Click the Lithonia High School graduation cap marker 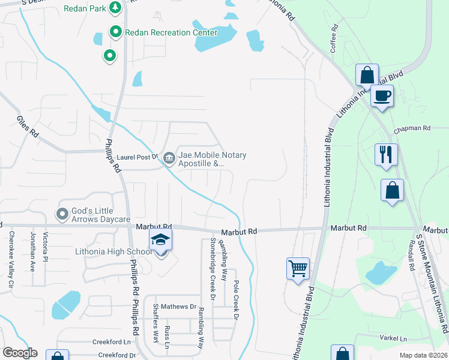coord(160,240)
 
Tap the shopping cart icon coord(298,268)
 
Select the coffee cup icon coord(381,95)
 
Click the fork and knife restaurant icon coord(386,154)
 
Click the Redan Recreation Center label coord(170,32)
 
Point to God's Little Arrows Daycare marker coord(62,214)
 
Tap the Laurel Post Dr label coord(137,157)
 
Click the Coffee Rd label coord(334,39)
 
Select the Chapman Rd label coord(412,128)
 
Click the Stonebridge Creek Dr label coord(212,268)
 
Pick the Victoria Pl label coord(46,252)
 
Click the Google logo coord(20,353)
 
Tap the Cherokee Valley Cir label coord(11,259)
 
